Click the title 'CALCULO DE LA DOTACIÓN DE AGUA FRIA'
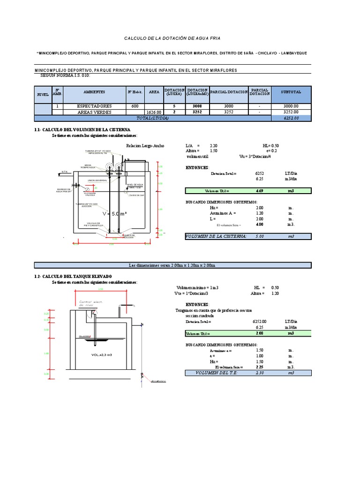click(x=172, y=38)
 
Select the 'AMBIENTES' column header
click(x=94, y=92)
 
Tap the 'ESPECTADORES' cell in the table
click(x=94, y=106)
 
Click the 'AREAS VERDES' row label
click(x=94, y=112)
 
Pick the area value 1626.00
click(x=154, y=112)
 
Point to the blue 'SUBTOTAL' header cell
click(x=291, y=92)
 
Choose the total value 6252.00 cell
click(x=291, y=119)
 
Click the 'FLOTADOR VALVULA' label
click(x=90, y=194)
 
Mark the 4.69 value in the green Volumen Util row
click(x=259, y=191)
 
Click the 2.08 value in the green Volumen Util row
click(x=259, y=333)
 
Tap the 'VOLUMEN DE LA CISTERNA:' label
click(x=216, y=237)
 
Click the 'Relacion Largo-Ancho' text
click(x=145, y=146)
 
